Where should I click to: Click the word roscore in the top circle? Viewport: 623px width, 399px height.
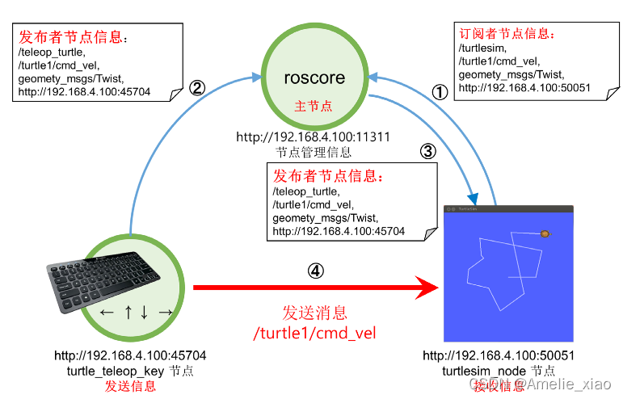coord(314,78)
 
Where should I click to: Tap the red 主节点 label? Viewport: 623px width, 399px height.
coord(314,107)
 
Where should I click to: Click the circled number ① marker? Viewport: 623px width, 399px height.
coord(439,91)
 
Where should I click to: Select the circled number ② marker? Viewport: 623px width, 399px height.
coord(196,88)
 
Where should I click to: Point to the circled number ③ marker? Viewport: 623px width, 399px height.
coord(428,151)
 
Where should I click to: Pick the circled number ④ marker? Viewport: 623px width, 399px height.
coord(317,271)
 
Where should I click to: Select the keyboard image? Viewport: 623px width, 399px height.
coord(101,278)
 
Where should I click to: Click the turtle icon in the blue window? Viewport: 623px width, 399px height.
coord(545,233)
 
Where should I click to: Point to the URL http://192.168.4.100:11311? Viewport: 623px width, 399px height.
coord(313,137)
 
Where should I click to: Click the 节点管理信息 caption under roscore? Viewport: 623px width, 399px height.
coord(313,151)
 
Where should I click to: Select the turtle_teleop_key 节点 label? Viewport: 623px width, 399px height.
coord(129,371)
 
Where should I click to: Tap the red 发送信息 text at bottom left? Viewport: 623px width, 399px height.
coord(129,386)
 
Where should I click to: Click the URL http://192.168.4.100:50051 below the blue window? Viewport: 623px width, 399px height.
coord(499,355)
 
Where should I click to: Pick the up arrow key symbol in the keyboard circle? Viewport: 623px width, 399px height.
coord(128,312)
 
